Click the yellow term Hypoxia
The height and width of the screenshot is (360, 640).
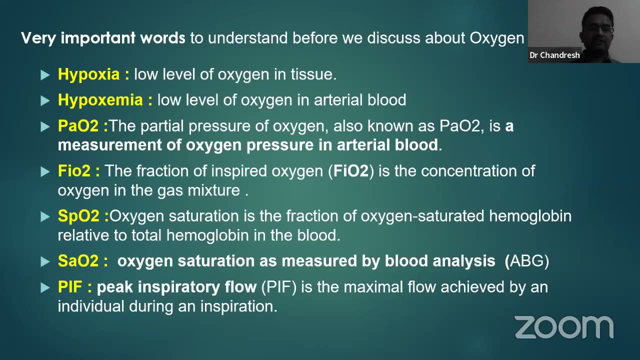88,74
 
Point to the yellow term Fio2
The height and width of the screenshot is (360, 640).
74,171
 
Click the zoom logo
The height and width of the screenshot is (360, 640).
564,327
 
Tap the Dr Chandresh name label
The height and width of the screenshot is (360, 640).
554,55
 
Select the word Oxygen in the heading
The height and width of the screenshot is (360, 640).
496,38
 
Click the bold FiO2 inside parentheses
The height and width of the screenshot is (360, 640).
351,171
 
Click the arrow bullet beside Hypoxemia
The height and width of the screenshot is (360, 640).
45,100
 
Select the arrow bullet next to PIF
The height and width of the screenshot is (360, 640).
45,287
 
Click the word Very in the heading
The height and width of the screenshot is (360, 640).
39,38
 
